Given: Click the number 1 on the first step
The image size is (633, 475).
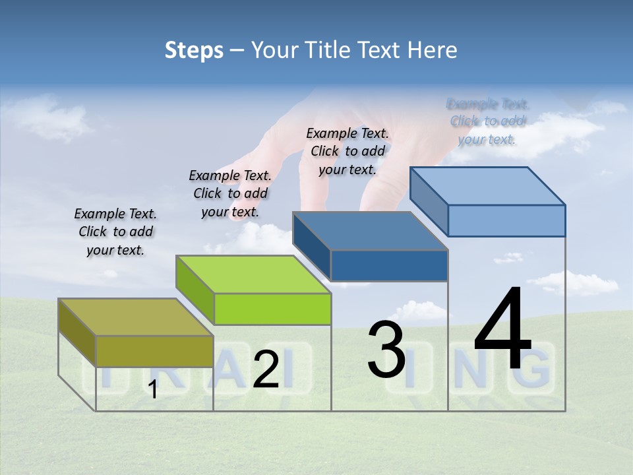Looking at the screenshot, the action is tap(153, 390).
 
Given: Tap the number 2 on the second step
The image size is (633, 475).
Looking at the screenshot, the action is tap(266, 369).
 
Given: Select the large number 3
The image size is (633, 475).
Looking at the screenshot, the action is tap(386, 350).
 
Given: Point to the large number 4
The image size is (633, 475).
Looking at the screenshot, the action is tap(502, 329).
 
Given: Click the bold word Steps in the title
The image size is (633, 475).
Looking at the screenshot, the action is tap(194, 50).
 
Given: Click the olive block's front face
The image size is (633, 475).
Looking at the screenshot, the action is tap(154, 351).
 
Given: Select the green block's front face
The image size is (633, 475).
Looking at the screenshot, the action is tap(272, 309).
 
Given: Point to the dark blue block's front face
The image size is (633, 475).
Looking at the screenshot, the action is tap(389, 265).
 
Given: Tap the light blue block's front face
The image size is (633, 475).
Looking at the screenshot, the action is tap(506, 220).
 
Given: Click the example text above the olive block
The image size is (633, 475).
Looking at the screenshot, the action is tap(115, 232).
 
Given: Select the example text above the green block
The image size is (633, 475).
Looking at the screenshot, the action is tap(230, 193).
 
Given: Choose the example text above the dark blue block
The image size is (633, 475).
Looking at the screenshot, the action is tap(347, 151).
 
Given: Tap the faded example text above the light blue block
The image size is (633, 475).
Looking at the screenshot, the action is tap(487, 121).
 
